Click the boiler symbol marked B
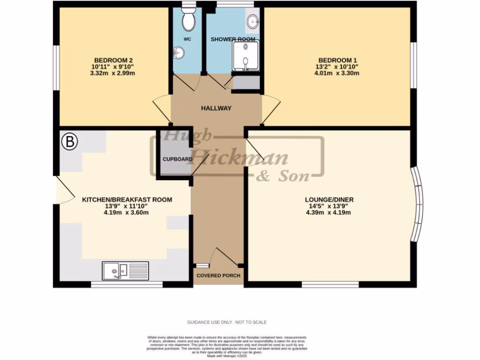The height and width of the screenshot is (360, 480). coord(69,142)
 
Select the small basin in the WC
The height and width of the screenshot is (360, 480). coord(178,53)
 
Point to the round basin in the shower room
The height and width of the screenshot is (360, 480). coord(253,21)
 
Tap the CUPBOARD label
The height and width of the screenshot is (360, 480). coord(177,159)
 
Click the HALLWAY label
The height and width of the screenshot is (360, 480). coord(216,108)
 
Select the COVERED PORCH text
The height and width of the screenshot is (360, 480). coord(218,275)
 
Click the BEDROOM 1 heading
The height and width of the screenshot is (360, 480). coord(338,60)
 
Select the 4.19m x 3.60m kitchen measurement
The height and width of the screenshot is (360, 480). coord(127,213)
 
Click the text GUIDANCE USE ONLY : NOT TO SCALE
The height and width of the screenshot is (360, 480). coord(227,322)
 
